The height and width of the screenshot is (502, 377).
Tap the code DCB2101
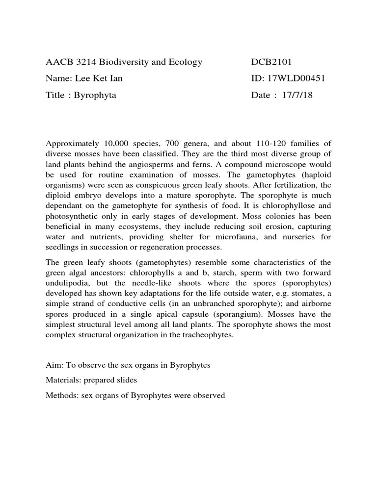[x=271, y=62]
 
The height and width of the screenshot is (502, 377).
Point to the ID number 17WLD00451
[x=290, y=78]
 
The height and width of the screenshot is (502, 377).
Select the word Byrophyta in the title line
[x=95, y=95]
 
